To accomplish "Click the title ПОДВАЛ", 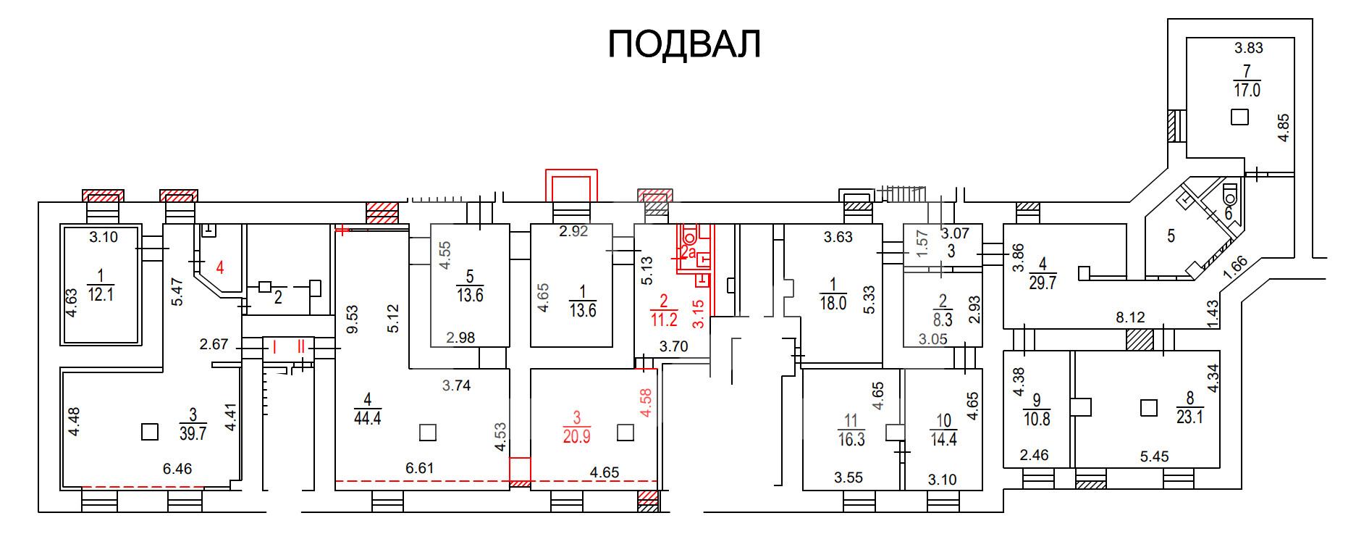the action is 684,44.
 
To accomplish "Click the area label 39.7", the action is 193,434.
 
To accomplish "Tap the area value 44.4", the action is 368,417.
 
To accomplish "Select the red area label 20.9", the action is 576,435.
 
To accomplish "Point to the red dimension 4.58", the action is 647,403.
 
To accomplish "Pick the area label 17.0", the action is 1247,90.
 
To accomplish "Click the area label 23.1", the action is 1189,417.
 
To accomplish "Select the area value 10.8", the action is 1036,419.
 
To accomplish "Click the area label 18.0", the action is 833,303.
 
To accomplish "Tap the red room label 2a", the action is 688,254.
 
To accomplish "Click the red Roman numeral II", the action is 300,347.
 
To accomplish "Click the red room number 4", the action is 220,267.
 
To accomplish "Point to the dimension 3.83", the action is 1249,48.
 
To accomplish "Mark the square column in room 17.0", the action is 1240,117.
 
